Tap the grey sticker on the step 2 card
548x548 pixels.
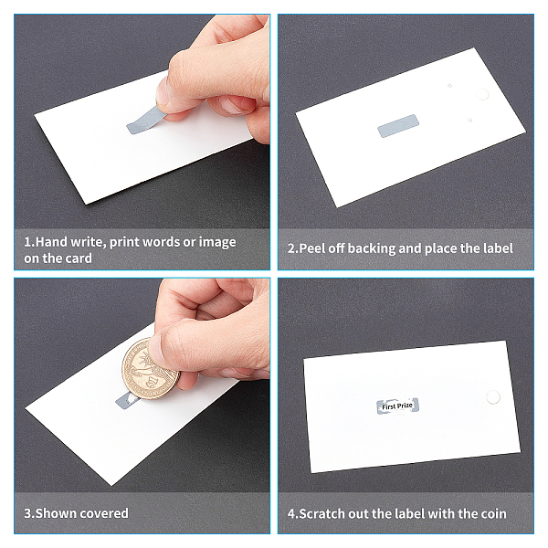click(398, 126)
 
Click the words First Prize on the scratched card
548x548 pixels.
click(397, 406)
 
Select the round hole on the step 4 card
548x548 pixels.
click(493, 397)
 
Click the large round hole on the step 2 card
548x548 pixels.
click(482, 94)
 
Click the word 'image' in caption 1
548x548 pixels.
click(217, 242)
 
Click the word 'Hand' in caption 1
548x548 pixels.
click(51, 242)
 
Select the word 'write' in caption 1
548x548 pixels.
click(87, 242)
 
